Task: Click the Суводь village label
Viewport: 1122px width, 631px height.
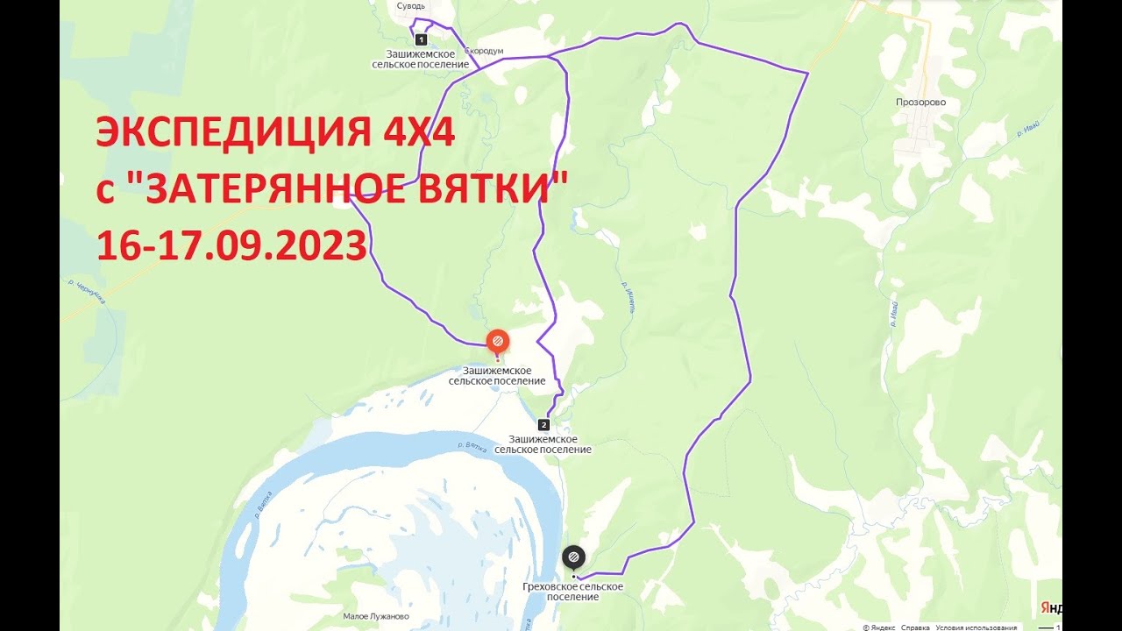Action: [410, 6]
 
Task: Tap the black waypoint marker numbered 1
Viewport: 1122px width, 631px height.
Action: [421, 39]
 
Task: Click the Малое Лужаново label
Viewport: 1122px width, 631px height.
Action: [376, 616]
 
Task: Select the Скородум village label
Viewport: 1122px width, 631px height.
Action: [485, 52]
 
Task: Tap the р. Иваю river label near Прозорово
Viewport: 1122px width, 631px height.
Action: [1028, 129]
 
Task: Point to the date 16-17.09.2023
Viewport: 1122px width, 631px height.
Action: [231, 246]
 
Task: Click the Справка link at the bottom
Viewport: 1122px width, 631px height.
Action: [915, 627]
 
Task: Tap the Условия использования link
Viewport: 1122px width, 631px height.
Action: [976, 627]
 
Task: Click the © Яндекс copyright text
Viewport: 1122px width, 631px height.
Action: [878, 627]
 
